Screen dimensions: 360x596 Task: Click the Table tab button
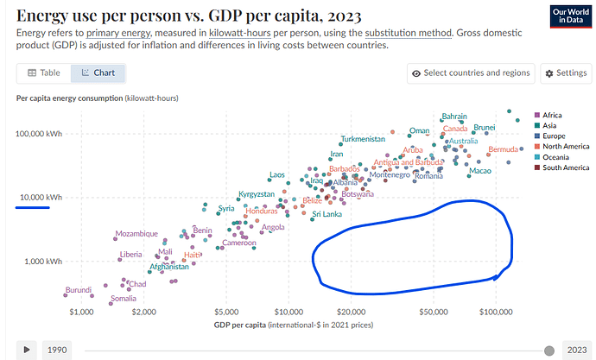(44, 73)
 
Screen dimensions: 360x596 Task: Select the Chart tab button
(98, 73)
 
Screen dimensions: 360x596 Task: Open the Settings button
(565, 73)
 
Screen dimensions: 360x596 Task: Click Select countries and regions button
(471, 73)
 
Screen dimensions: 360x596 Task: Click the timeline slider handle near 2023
(549, 350)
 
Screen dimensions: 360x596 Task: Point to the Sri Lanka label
(327, 214)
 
